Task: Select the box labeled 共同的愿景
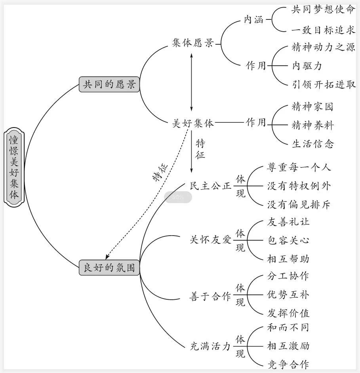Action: click(x=109, y=84)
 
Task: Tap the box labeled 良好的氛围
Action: click(x=109, y=268)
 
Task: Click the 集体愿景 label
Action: click(x=193, y=43)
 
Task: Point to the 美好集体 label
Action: click(x=193, y=123)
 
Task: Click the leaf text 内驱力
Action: click(x=307, y=66)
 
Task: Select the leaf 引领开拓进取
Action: click(x=323, y=84)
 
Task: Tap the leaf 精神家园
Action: click(x=312, y=107)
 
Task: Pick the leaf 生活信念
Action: click(x=312, y=144)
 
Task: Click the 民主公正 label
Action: click(x=210, y=186)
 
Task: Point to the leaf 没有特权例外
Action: click(x=299, y=186)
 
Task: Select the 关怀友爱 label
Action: click(x=210, y=240)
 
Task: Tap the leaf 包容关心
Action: click(x=288, y=240)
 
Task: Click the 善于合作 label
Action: click(x=210, y=295)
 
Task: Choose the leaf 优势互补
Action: click(x=288, y=295)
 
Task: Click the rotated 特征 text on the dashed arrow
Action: click(x=160, y=171)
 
